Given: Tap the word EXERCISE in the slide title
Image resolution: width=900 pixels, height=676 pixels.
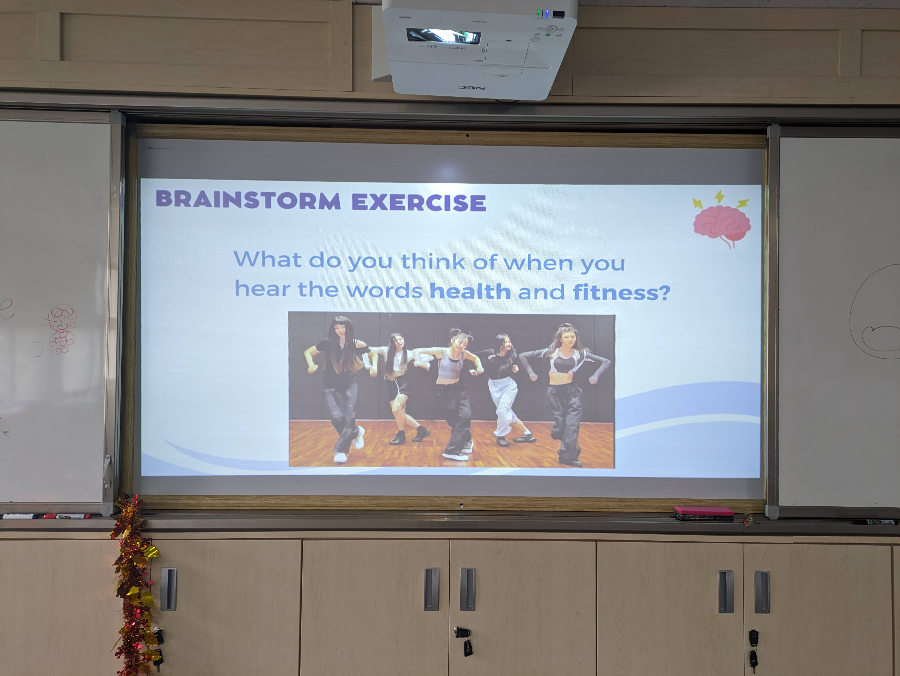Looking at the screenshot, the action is pos(419,202).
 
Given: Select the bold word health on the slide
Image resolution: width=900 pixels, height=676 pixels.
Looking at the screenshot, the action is pos(470,291).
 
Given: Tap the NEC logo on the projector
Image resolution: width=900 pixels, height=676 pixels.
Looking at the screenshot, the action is pos(471,87).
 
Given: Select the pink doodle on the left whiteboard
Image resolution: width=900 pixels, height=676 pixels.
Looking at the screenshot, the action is pos(61,329).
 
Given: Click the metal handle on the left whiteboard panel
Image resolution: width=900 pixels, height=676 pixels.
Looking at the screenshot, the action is pos(107,471).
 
